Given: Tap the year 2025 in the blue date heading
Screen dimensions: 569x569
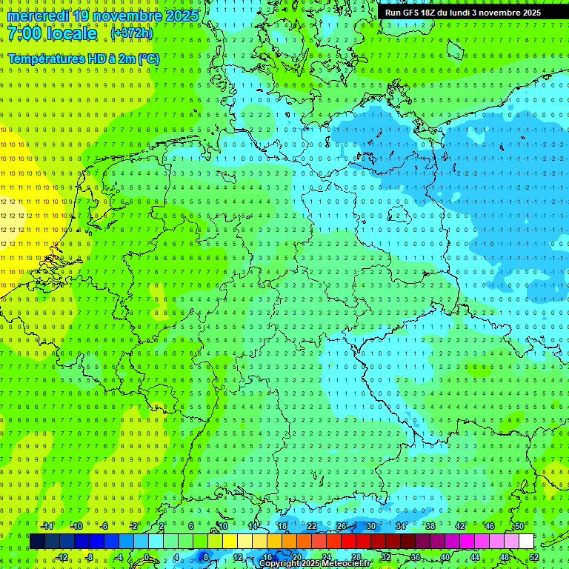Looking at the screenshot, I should pos(181,16).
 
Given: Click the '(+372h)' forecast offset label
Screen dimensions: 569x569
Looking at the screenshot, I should pos(132,33).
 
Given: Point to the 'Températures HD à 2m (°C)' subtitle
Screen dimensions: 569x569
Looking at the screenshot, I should pos(83,58).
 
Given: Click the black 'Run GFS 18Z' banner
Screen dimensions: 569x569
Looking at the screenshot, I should pos(463,13).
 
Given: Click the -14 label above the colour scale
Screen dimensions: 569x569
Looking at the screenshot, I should pos(47,526).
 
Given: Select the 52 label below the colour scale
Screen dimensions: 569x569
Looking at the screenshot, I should pos(534,557).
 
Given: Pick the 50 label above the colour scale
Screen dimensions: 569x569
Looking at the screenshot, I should pos(519,526).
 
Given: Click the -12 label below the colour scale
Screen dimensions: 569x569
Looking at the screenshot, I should pos(62,557).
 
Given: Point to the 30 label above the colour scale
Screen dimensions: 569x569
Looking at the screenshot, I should pos(371,526).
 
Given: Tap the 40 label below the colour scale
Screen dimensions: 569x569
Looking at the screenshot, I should pos(445,557).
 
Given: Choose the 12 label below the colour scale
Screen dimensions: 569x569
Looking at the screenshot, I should pos(238,557).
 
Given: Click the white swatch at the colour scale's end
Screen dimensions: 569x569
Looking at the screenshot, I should pos(527,542).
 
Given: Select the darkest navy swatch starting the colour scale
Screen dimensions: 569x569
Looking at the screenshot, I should pos(37,542).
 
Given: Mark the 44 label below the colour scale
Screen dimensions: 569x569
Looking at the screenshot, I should pos(475,557).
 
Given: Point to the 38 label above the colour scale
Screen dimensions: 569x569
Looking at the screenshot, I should pos(430,526).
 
